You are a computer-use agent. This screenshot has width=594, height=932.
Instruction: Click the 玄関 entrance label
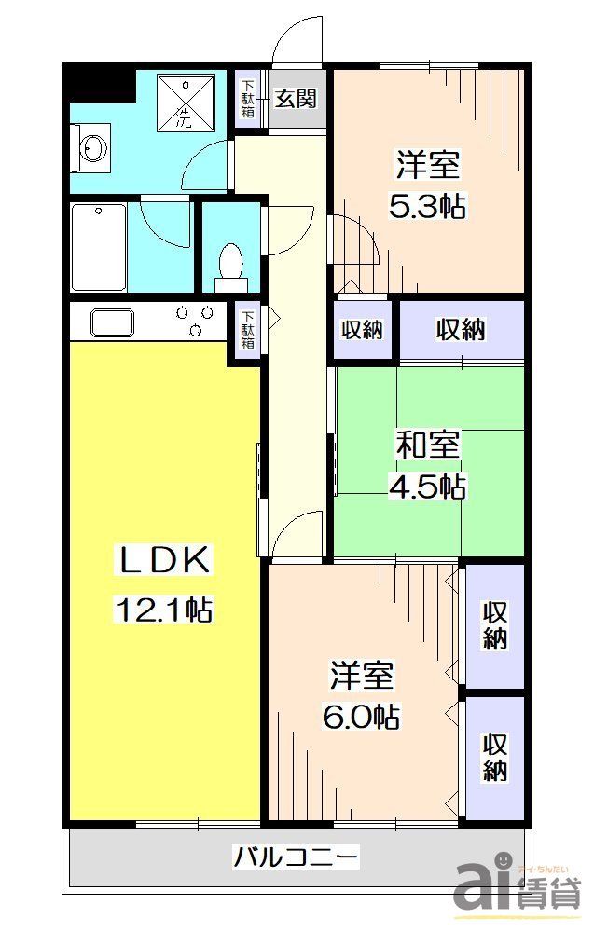coord(297,99)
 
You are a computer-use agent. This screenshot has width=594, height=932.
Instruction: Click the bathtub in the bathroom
coord(99,247)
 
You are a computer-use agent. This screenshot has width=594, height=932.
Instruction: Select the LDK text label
coord(164,561)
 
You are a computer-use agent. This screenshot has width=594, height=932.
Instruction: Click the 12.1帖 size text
coord(164,610)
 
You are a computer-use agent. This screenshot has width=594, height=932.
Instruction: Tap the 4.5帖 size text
coord(427,486)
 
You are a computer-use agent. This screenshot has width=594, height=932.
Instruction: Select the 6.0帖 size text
coord(363,716)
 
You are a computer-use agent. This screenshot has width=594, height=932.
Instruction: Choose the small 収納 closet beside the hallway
coord(364,329)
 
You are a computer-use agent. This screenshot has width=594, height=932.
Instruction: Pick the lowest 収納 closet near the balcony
coord(494,757)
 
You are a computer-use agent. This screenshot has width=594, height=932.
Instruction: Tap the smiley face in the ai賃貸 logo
coord(502,858)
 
